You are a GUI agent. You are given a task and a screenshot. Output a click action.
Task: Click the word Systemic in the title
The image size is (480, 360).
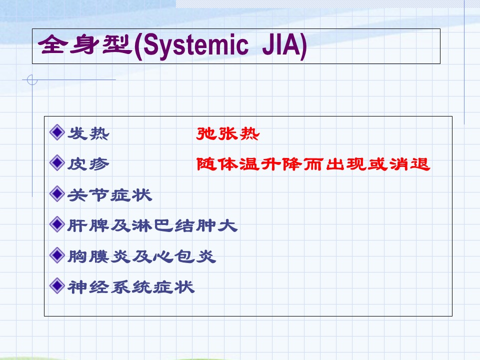coord(195,45)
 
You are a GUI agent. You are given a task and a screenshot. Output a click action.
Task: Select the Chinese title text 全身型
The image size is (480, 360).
coord(85,44)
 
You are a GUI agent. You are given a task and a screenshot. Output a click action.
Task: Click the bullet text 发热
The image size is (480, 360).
coord(88,133)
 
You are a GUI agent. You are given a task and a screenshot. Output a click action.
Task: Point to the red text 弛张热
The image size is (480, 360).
coord(228,133)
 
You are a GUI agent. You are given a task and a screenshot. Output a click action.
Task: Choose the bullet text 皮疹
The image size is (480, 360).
coord(88,164)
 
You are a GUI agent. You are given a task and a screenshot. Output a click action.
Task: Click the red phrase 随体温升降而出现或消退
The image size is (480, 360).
coord(313,164)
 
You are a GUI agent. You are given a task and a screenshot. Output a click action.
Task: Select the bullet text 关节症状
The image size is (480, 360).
coord(109,194)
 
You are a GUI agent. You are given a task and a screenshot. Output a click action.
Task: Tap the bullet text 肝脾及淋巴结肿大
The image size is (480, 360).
coord(152,225)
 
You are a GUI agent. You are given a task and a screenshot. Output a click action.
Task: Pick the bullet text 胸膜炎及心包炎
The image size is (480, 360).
coord(141,256)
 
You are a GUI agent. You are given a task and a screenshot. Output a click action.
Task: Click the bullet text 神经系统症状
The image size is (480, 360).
coord(131,287)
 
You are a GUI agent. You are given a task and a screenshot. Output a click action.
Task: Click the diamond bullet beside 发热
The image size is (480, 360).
coord(57,132)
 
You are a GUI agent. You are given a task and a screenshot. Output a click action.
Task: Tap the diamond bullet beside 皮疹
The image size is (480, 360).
coord(57,162)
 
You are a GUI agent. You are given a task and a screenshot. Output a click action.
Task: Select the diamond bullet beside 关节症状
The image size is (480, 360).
coord(57,193)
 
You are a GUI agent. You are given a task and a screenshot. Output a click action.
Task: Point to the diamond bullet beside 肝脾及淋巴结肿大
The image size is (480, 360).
coord(57,224)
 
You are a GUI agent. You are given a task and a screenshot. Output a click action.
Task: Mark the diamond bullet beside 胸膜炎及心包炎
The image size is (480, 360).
coord(57,255)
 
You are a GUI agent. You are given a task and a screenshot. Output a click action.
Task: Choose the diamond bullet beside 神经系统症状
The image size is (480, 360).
coord(57,285)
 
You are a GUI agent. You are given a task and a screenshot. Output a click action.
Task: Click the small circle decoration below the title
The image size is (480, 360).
coord(32,80)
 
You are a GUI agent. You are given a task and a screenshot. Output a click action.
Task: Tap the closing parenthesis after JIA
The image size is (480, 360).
coord(303,46)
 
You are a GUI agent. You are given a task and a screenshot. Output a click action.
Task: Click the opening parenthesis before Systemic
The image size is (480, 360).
coord(138,46)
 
